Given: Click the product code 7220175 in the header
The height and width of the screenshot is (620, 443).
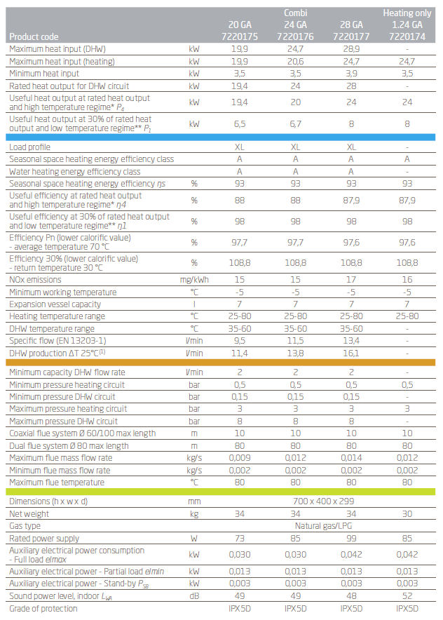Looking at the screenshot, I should pyautogui.click(x=239, y=36).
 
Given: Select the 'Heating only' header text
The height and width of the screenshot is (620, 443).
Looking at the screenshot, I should pyautogui.click(x=407, y=13).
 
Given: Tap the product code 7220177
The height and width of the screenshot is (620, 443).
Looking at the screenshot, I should pyautogui.click(x=351, y=36).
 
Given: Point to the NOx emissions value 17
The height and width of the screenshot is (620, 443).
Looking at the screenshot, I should pyautogui.click(x=351, y=280).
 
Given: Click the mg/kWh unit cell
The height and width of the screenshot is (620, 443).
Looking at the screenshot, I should pyautogui.click(x=194, y=280).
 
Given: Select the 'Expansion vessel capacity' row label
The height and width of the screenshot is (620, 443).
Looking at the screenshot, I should pyautogui.click(x=55, y=304).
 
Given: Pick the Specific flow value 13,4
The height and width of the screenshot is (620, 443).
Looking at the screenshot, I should pyautogui.click(x=351, y=341).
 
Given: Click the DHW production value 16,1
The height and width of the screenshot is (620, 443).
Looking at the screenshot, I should pyautogui.click(x=351, y=353).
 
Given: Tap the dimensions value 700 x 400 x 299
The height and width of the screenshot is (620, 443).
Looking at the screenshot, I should pyautogui.click(x=323, y=501).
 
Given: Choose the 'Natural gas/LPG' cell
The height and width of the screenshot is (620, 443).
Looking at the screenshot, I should pyautogui.click(x=323, y=525).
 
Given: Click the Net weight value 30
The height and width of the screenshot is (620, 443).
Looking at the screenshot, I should pyautogui.click(x=407, y=513).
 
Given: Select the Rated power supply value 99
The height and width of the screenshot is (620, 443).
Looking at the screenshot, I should pyautogui.click(x=351, y=538).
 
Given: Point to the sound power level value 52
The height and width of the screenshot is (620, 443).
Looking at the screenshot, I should pyautogui.click(x=407, y=596).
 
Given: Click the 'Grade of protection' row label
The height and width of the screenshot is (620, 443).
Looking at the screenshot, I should pyautogui.click(x=43, y=609).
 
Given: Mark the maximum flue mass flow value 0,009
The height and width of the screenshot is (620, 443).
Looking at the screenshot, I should pyautogui.click(x=239, y=458).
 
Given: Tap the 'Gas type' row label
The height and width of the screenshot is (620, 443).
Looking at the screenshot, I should pyautogui.click(x=25, y=525).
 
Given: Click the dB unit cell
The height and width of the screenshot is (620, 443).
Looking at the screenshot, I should pyautogui.click(x=194, y=596).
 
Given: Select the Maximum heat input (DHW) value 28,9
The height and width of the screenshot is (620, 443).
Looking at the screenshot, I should pyautogui.click(x=351, y=50).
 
